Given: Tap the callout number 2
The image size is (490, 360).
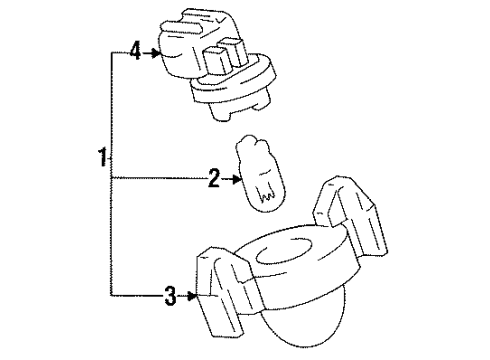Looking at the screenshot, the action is [x=213, y=179].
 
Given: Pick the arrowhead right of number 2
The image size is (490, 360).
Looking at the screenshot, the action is [x=236, y=179].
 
